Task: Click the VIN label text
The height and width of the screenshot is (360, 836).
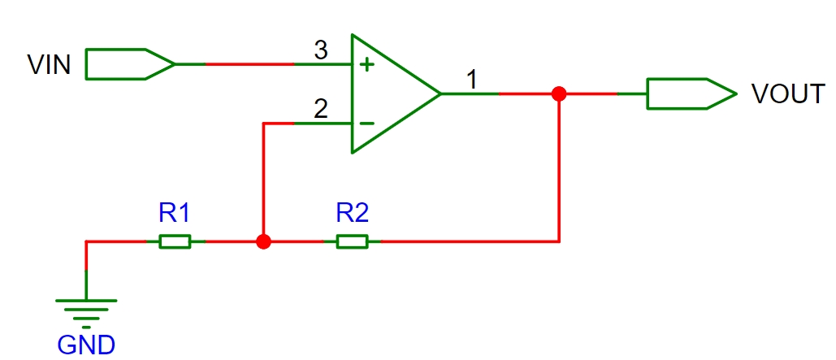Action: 49,65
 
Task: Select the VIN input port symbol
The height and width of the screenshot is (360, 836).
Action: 130,64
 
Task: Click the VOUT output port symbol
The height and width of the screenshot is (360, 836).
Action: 692,94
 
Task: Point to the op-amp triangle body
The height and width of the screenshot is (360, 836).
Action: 395,94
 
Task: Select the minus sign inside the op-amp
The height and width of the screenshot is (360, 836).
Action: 366,124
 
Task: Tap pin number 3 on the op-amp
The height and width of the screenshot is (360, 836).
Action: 320,50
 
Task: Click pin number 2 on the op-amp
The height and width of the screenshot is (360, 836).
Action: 320,110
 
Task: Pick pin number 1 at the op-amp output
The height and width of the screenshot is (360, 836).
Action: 471,80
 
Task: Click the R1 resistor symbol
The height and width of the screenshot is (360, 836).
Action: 175,241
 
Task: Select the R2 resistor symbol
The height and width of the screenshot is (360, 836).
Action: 352,241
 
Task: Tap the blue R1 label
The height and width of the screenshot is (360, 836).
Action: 175,214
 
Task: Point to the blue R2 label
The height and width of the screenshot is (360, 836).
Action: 352,214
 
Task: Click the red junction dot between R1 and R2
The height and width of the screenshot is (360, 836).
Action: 263,241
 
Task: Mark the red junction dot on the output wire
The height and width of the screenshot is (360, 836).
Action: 559,94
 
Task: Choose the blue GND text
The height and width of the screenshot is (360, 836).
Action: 86,345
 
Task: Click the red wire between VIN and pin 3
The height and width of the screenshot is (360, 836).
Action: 249,64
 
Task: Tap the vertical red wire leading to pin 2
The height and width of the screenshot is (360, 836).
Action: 263,182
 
